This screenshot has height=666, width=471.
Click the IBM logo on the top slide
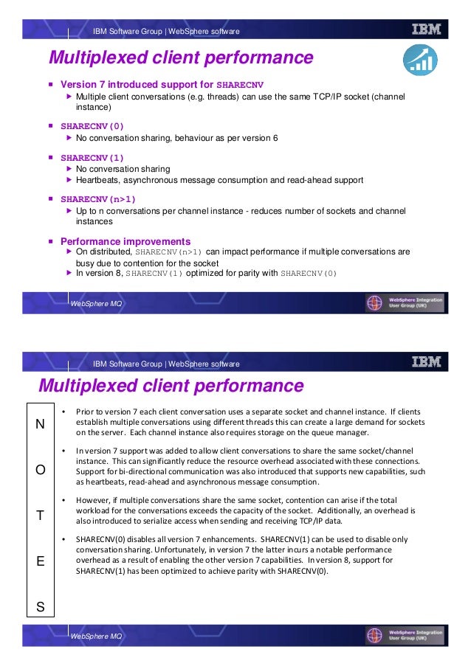(x=427, y=30)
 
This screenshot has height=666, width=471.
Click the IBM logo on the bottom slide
(x=427, y=362)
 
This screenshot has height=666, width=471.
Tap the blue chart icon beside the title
(x=419, y=59)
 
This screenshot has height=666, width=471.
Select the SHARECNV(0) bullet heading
(x=92, y=126)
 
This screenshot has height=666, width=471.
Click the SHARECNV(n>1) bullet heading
(x=98, y=199)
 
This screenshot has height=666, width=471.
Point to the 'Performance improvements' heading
(x=126, y=241)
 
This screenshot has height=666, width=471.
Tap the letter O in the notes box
(x=41, y=470)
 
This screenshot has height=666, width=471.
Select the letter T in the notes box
(x=41, y=516)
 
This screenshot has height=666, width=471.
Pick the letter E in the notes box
(x=41, y=561)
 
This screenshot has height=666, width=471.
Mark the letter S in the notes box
(x=41, y=607)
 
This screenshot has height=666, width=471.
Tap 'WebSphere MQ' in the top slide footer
(x=97, y=305)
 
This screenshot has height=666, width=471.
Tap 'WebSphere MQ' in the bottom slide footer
(x=97, y=636)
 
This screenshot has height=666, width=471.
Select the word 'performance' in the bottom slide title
(x=249, y=386)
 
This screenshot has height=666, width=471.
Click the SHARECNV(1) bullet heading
(x=92, y=157)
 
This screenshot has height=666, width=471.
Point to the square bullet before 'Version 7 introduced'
(x=51, y=85)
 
